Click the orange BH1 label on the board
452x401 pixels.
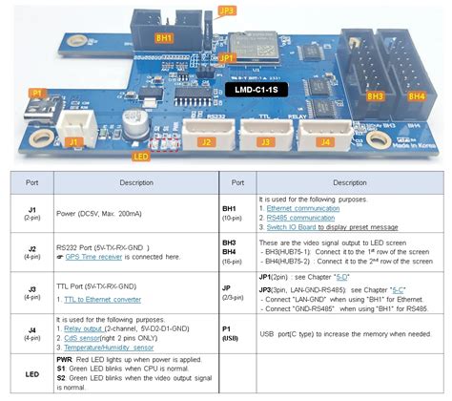(x=164, y=37)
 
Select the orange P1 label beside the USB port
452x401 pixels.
(x=37, y=93)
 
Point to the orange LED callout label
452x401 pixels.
(x=141, y=156)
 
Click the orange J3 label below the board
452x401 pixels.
(x=263, y=143)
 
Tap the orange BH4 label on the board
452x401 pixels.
(x=417, y=96)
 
